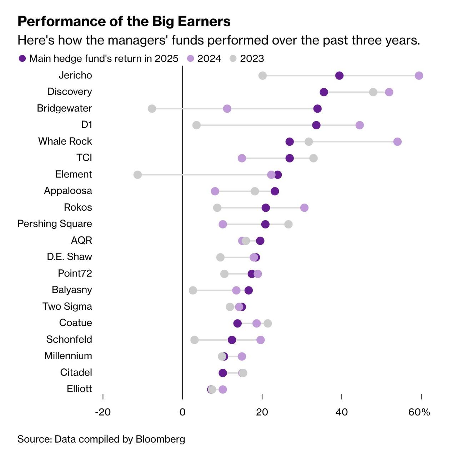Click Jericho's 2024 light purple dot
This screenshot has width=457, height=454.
419,76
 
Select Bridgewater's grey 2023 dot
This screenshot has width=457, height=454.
152,109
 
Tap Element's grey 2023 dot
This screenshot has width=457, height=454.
137,175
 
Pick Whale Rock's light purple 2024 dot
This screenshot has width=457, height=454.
397,142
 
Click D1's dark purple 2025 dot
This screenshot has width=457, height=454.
316,125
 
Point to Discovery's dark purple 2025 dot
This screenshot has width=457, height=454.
324,92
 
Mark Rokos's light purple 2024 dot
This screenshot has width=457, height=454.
304,208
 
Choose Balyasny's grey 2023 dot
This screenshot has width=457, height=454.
193,290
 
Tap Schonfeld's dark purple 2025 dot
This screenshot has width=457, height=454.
232,340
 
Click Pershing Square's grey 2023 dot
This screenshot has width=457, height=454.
288,224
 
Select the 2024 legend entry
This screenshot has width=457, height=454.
204,59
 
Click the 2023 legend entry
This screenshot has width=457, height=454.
247,59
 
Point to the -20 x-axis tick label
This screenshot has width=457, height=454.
103,412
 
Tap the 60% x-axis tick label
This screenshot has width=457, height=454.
419,412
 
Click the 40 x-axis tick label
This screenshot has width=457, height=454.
342,412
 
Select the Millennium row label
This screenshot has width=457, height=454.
68,356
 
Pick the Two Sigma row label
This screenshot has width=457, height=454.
67,306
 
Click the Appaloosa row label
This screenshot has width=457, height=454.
68,191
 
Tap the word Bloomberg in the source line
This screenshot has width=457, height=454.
160,439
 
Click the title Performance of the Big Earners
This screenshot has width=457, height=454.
124,21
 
